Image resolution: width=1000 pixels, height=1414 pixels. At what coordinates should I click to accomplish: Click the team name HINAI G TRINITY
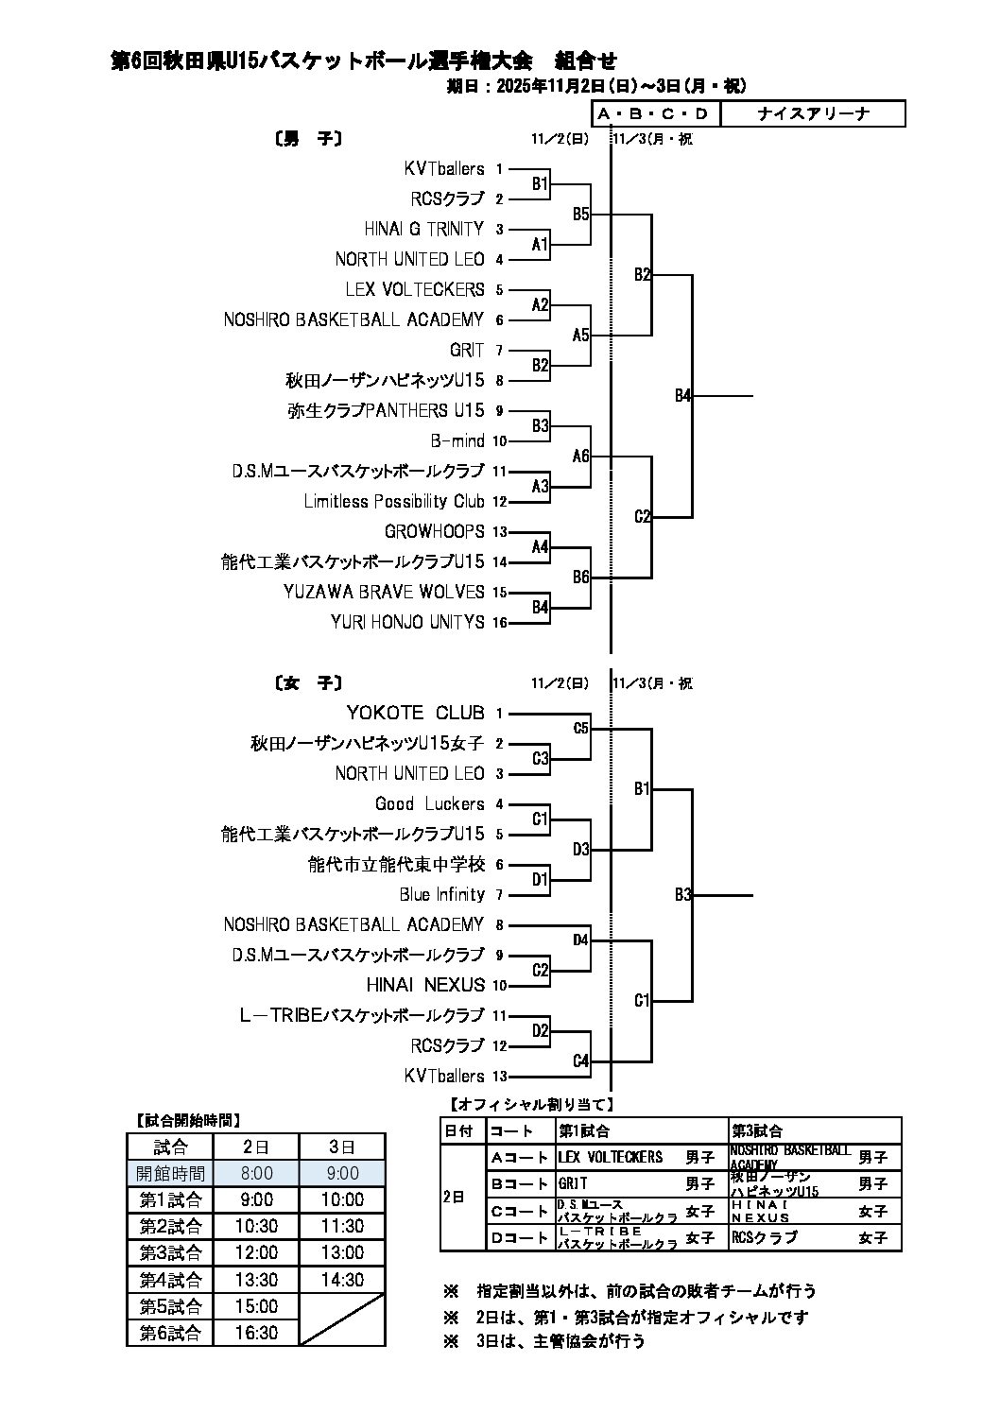(423, 229)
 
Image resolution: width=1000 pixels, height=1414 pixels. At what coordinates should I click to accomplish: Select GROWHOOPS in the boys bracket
(434, 531)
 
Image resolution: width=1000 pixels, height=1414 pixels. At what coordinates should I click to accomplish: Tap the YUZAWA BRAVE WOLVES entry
(383, 592)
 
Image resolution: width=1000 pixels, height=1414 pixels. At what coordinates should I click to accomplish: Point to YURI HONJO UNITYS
(407, 622)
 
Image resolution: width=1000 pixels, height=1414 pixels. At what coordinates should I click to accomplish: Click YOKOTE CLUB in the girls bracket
(415, 713)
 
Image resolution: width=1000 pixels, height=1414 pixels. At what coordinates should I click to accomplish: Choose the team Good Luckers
(429, 803)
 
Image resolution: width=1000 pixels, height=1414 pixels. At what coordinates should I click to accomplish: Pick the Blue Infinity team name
(441, 894)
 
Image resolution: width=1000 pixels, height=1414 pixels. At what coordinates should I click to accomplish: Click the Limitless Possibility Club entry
(393, 501)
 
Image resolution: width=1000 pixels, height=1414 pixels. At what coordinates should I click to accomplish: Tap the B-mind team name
(457, 440)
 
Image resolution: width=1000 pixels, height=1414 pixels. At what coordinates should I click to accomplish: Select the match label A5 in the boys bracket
(581, 335)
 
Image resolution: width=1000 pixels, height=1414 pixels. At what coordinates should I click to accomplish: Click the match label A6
(581, 456)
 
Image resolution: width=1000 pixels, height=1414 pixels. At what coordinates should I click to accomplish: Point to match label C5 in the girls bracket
(581, 728)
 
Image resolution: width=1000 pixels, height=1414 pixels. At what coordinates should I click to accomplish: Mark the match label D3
(581, 849)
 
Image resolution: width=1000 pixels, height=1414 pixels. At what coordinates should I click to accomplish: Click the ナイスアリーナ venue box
(813, 114)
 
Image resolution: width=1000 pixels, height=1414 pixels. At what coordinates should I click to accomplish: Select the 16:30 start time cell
(256, 1333)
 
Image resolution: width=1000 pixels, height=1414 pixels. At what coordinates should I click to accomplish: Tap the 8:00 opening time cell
(256, 1173)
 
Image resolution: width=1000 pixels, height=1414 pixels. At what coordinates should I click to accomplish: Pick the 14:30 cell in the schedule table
(342, 1280)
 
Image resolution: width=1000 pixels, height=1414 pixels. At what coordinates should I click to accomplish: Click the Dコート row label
(519, 1237)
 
